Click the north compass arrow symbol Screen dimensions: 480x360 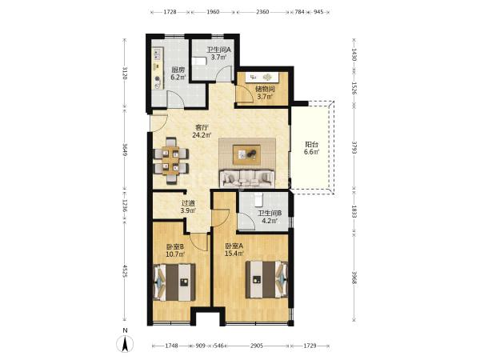click(x=125, y=343)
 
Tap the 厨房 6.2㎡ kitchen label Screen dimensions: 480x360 click(x=178, y=74)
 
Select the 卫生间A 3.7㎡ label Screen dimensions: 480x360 click(x=218, y=54)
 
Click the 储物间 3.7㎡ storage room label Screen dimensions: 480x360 click(x=265, y=93)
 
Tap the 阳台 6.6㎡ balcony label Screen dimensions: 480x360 click(x=312, y=148)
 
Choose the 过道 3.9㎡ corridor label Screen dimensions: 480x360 click(x=188, y=206)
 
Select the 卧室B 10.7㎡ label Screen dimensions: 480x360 click(x=175, y=250)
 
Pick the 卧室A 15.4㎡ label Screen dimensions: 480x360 click(x=234, y=250)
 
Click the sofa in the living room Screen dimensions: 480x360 click(x=247, y=178)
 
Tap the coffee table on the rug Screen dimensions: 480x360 click(x=246, y=154)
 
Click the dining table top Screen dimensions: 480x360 click(x=170, y=160)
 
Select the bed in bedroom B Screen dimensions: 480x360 click(x=174, y=282)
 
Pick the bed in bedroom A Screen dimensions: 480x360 click(x=266, y=279)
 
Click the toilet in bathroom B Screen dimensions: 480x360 click(x=258, y=199)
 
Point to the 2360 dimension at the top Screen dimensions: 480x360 click(x=262, y=12)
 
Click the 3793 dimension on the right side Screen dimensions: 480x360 click(x=354, y=148)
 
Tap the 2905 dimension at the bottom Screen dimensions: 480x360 click(x=257, y=346)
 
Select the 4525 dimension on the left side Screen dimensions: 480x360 click(x=125, y=271)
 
